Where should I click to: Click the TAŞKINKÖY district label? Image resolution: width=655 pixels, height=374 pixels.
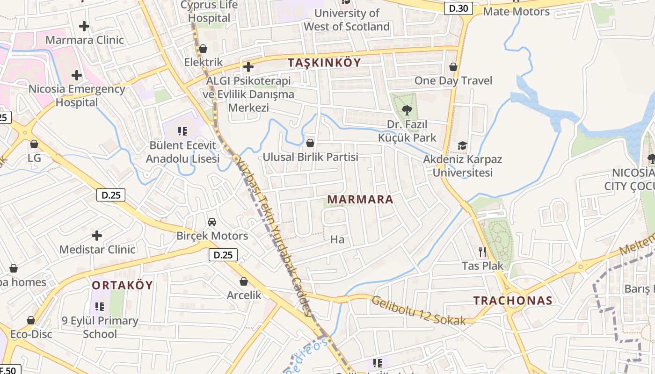pyautogui.click(x=324, y=63)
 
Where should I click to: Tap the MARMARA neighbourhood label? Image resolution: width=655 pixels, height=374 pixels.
pyautogui.click(x=360, y=200)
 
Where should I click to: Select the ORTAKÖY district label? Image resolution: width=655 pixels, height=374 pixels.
pyautogui.click(x=122, y=285)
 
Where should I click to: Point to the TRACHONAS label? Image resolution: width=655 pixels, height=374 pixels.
pyautogui.click(x=513, y=301)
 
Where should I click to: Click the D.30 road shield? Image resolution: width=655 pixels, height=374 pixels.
pyautogui.click(x=458, y=8)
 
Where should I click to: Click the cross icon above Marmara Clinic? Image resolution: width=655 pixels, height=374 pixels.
pyautogui.click(x=84, y=26)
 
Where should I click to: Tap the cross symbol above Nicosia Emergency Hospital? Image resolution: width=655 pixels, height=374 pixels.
pyautogui.click(x=77, y=75)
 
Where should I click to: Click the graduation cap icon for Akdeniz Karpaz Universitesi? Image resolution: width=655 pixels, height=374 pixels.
pyautogui.click(x=462, y=145)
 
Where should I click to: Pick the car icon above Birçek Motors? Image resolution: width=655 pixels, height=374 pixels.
pyautogui.click(x=212, y=222)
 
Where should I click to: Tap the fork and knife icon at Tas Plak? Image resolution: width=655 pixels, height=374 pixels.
pyautogui.click(x=482, y=252)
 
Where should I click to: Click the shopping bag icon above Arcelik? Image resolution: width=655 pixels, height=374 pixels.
pyautogui.click(x=244, y=281)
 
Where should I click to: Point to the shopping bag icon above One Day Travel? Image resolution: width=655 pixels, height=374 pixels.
pyautogui.click(x=453, y=67)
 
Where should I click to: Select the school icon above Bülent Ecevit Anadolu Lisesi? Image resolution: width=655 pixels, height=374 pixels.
pyautogui.click(x=182, y=131)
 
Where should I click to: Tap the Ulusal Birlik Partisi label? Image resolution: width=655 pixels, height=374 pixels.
pyautogui.click(x=310, y=157)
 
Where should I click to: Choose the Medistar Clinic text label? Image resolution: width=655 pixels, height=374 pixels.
pyautogui.click(x=97, y=250)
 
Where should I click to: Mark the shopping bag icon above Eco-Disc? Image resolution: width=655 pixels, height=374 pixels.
pyautogui.click(x=31, y=321)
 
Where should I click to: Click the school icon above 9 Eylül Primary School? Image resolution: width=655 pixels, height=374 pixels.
pyautogui.click(x=100, y=307)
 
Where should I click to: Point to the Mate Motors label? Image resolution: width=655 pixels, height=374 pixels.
pyautogui.click(x=516, y=12)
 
